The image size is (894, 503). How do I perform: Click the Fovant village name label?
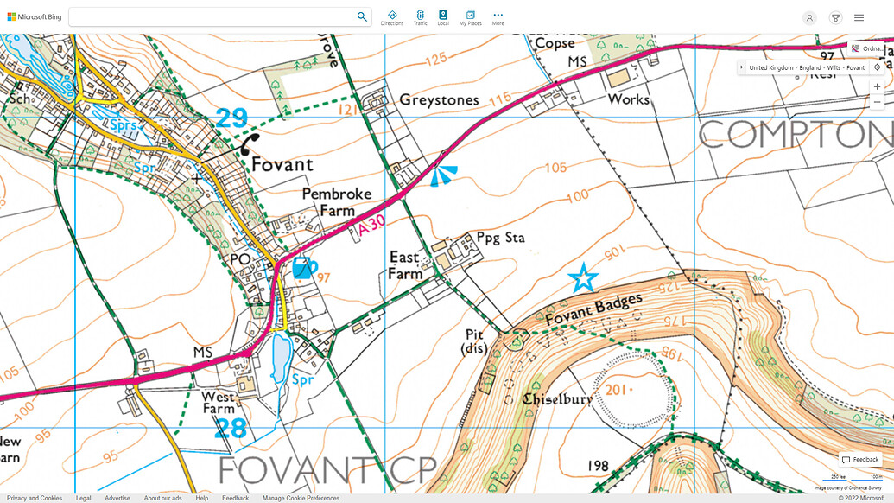(282, 164)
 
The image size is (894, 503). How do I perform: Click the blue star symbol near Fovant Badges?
(584, 277)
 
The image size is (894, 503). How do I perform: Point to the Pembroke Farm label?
(328, 202)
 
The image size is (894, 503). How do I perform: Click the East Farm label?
(405, 265)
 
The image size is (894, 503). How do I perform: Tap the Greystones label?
(439, 100)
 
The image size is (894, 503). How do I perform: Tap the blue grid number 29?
(232, 118)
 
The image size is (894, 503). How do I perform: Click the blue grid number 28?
(231, 428)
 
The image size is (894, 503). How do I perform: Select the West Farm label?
(219, 402)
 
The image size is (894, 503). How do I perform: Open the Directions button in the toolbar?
(391, 17)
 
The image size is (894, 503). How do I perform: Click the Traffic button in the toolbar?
(420, 17)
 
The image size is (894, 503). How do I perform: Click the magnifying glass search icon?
(362, 16)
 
